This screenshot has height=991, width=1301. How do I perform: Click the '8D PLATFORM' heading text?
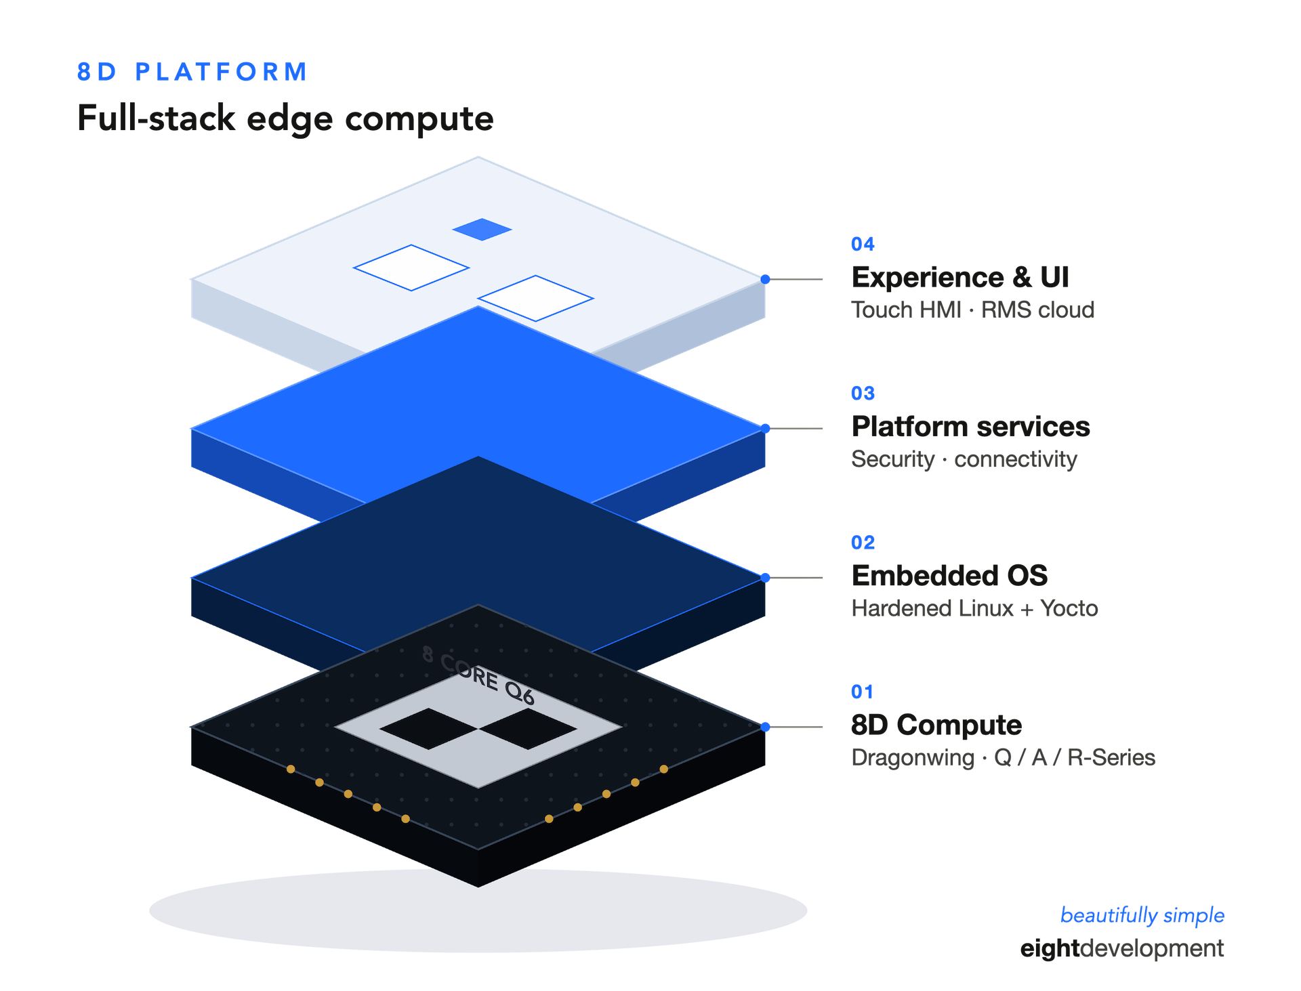point(192,72)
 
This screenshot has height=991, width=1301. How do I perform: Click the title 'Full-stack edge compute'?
point(285,119)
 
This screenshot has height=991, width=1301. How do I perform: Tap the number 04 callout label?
point(863,244)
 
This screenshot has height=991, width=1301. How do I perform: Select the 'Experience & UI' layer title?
point(960,277)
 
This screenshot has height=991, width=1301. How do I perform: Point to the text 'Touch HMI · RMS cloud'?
point(972,310)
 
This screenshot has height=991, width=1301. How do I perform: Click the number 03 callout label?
point(863,393)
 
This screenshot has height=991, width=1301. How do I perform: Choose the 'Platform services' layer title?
point(970,427)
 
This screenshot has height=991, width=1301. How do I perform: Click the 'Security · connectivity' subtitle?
point(964,459)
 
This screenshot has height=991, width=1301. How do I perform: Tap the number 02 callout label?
point(863,543)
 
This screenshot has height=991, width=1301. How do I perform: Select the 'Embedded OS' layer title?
point(949,576)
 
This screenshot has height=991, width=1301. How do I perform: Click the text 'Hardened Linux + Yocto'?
point(974,608)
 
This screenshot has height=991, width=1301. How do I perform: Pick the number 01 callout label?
point(862,692)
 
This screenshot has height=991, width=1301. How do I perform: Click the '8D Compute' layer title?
point(936,725)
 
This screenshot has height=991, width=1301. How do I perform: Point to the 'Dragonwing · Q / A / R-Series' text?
point(1003,757)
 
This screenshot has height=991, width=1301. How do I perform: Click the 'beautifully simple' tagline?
point(1142,915)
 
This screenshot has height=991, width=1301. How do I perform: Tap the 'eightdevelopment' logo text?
point(1121,948)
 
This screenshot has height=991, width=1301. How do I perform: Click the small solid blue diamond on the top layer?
point(482,230)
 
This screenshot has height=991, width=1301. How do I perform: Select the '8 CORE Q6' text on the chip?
point(478,675)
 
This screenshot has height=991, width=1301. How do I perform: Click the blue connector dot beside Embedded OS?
point(765,578)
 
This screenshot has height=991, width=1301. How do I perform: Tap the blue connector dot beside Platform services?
point(765,428)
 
